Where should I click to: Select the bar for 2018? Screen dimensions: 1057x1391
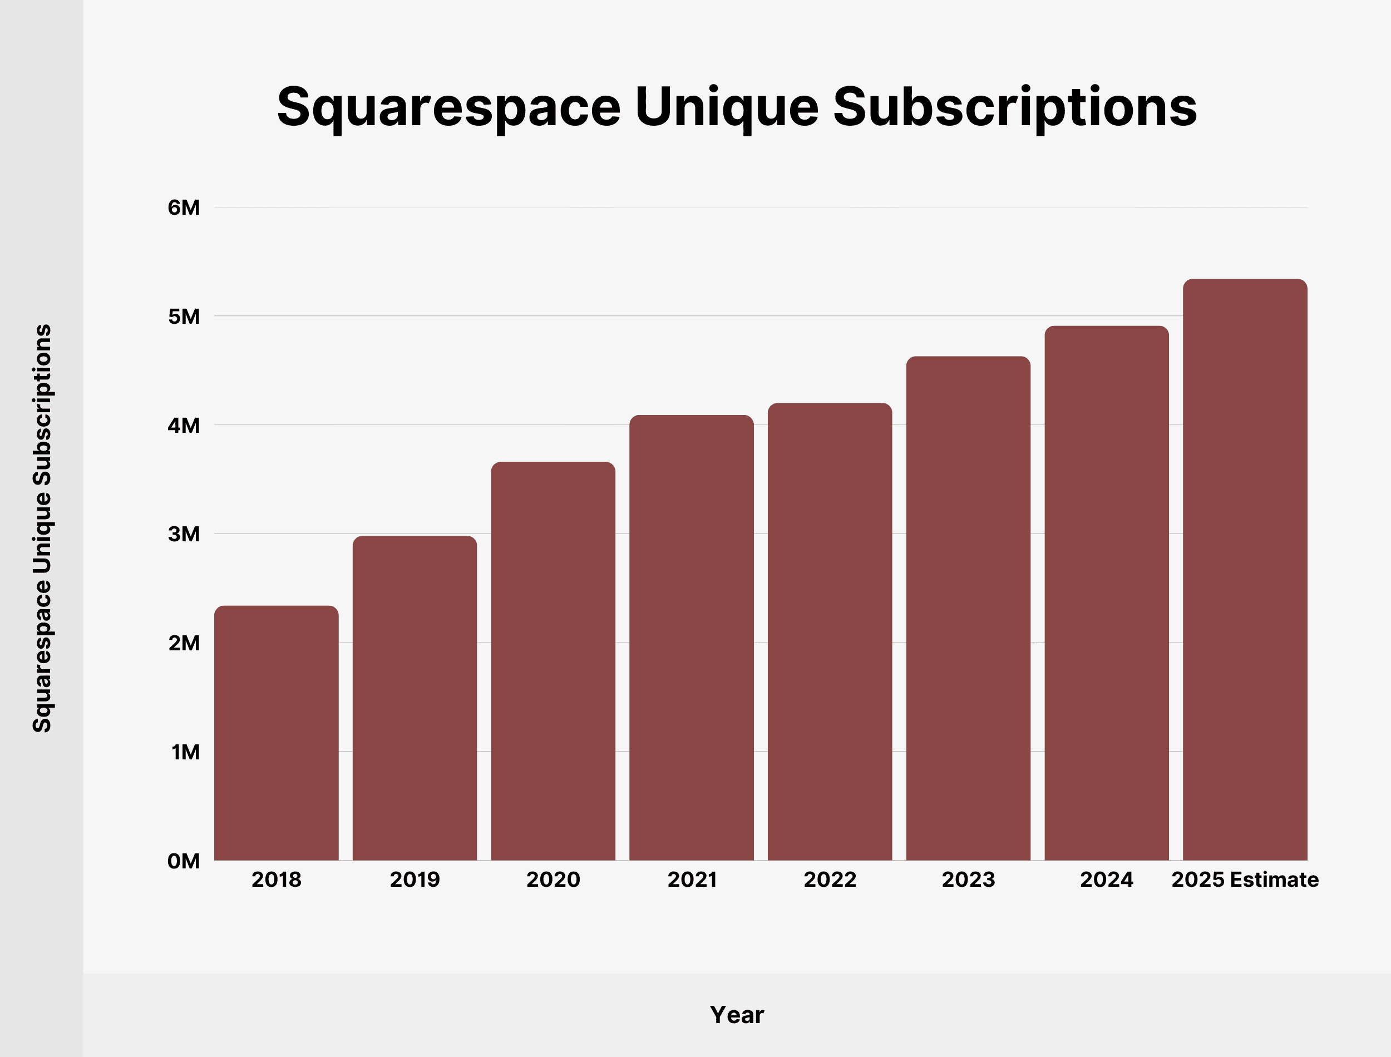pos(276,733)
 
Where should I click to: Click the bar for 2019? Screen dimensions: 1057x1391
pos(415,698)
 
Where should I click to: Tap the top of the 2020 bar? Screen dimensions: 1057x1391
pos(553,464)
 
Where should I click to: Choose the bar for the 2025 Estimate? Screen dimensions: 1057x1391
pos(1245,570)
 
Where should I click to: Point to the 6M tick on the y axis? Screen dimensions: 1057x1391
pos(184,208)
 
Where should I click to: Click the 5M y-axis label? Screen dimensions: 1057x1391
pos(184,317)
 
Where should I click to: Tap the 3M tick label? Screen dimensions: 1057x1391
pos(184,534)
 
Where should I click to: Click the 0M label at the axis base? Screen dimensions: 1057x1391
pos(184,861)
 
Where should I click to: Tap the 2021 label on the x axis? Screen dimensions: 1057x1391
pos(692,880)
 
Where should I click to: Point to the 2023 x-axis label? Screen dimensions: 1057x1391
pos(968,880)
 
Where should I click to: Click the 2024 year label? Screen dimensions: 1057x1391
pos(1107,880)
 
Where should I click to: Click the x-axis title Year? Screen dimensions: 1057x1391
pos(737,1015)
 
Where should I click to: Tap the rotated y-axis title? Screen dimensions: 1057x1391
pos(42,528)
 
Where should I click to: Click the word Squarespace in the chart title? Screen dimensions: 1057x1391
pos(448,107)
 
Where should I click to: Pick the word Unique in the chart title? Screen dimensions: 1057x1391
pos(727,107)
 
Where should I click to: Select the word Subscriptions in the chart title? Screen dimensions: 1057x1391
pos(1015,107)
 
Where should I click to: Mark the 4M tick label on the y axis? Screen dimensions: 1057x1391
pos(184,426)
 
